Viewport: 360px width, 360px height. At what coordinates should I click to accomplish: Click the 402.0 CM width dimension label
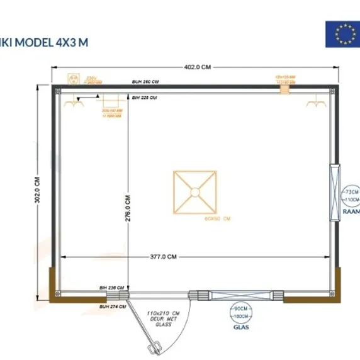(x=198, y=67)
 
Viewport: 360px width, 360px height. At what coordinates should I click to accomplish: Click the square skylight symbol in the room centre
(x=195, y=191)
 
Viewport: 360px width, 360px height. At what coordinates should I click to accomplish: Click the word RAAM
(x=351, y=213)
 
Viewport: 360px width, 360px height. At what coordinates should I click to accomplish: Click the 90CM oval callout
(x=240, y=309)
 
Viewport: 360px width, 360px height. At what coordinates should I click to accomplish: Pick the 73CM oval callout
(x=351, y=191)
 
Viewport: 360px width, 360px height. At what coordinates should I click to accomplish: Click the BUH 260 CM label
(x=145, y=82)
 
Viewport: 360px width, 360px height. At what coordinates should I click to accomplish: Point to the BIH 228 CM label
(x=145, y=98)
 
